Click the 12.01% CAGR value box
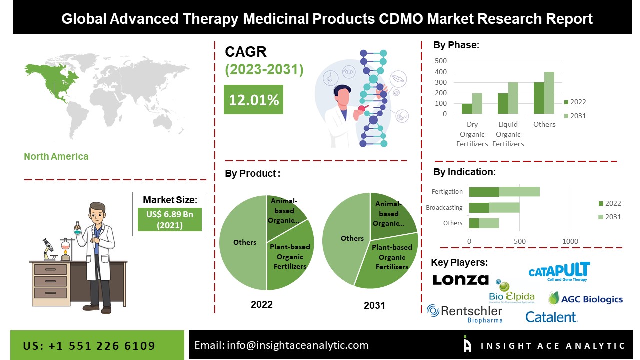click(253, 100)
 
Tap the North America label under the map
click(56, 156)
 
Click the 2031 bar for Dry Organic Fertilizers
click(477, 103)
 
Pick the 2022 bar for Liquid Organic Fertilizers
click(503, 103)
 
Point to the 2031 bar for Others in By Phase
click(549, 93)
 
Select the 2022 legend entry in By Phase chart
click(575, 102)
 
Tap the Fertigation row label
click(447, 191)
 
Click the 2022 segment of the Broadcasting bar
click(479, 207)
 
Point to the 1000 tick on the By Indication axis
click(570, 241)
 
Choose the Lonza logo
click(460, 280)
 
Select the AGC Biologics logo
click(586, 299)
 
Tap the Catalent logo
click(551, 317)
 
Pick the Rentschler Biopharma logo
click(464, 313)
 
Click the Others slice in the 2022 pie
click(244, 242)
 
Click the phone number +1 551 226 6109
click(89, 345)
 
